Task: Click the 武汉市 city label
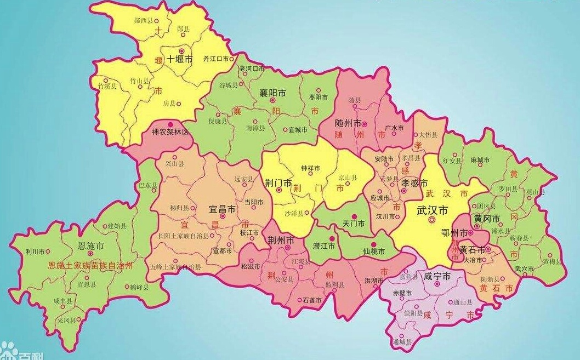click(433, 210)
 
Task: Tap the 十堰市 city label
click(179, 59)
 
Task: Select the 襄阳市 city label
click(272, 93)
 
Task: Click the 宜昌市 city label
click(223, 209)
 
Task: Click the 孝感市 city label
click(414, 183)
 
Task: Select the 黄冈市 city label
click(487, 219)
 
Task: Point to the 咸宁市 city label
click(437, 277)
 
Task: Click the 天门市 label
click(353, 225)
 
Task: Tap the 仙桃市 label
click(374, 252)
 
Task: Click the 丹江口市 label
click(215, 58)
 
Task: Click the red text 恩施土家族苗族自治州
click(90, 266)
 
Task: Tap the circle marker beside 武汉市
click(431, 220)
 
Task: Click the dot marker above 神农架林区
click(170, 124)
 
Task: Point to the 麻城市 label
click(480, 159)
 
